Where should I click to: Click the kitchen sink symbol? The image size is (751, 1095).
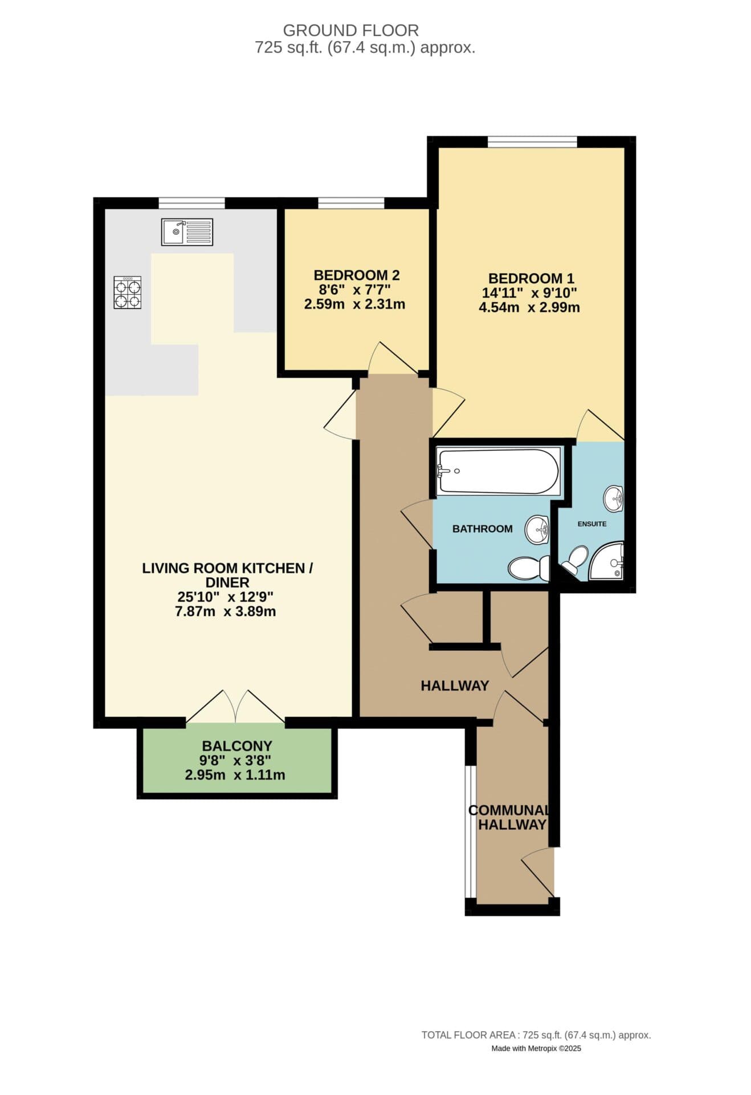click(187, 232)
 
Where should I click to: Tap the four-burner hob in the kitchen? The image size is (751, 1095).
click(128, 293)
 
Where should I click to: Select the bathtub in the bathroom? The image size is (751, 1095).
click(497, 471)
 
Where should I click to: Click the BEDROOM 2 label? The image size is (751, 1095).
click(356, 275)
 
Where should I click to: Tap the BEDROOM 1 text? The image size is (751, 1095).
click(531, 278)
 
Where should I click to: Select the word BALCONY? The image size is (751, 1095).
click(236, 745)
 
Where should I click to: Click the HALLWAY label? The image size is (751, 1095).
click(455, 686)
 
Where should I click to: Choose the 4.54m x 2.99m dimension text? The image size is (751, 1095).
click(529, 308)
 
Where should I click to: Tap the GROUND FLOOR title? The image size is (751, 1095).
click(350, 30)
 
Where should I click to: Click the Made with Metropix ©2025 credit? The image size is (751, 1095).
click(536, 1048)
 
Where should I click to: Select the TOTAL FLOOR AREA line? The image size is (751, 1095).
click(536, 1035)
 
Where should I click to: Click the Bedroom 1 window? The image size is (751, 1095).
click(532, 142)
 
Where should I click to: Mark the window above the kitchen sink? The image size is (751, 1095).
click(191, 203)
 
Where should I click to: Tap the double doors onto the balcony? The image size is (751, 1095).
click(235, 709)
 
